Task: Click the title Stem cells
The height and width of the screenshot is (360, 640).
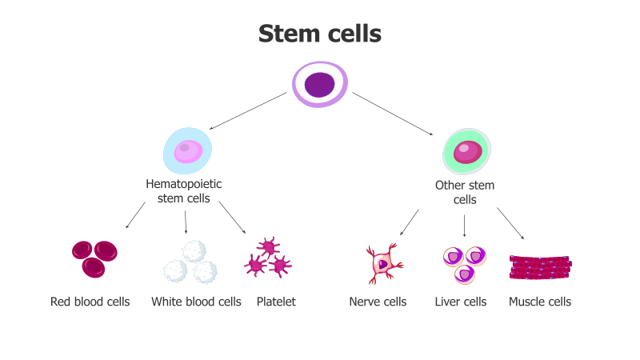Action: [x=320, y=34]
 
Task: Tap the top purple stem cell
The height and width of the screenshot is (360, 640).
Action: [x=319, y=83]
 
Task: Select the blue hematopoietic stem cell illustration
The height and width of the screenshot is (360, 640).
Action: [x=188, y=150]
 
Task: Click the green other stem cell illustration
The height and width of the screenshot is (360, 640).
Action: [x=466, y=151]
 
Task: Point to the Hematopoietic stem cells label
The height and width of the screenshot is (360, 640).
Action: [x=184, y=191]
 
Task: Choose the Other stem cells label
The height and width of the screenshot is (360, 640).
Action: [x=465, y=193]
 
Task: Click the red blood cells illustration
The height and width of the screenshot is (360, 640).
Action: [x=94, y=258]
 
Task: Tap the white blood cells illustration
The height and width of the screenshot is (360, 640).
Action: [x=190, y=262]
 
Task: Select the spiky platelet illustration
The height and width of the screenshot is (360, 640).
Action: [x=267, y=258]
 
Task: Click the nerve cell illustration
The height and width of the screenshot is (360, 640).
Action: [x=383, y=263]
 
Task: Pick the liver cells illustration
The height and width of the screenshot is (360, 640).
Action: [x=465, y=263]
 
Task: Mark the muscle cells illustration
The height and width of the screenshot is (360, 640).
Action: [x=541, y=267]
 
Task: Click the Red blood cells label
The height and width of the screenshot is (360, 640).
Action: [x=90, y=302]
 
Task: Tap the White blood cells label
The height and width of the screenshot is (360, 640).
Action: [x=196, y=302]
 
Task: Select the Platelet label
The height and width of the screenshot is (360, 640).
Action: [x=276, y=302]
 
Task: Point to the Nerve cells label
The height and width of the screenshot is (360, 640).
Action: [x=378, y=302]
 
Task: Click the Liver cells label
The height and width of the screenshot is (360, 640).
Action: [x=461, y=302]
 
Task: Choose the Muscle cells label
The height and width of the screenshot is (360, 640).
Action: [x=540, y=302]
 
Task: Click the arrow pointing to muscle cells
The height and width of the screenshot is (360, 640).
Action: [x=510, y=223]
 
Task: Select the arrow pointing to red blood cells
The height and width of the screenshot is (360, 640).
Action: [x=135, y=215]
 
